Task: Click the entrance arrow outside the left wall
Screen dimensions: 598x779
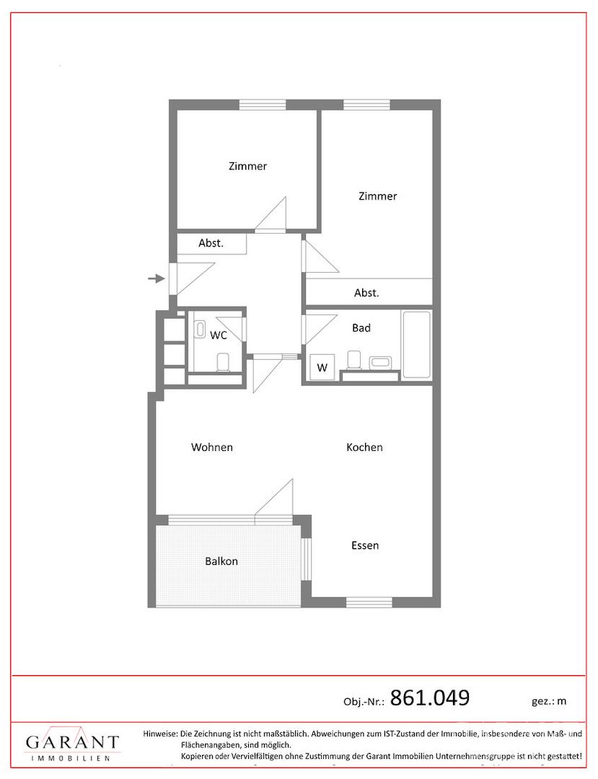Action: (x=157, y=278)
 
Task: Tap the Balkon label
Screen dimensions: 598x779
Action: (x=221, y=561)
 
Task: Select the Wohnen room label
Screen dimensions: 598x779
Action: (x=212, y=447)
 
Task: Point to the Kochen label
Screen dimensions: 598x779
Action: (x=364, y=447)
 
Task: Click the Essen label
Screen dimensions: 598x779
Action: (x=365, y=545)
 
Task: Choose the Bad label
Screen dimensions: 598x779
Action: (x=361, y=328)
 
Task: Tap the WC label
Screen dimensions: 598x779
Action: (x=219, y=335)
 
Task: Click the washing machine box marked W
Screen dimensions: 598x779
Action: (x=322, y=367)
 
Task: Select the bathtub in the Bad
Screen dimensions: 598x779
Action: (x=417, y=344)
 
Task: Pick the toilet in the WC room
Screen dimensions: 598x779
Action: (x=223, y=362)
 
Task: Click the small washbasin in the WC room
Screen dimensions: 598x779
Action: (x=200, y=330)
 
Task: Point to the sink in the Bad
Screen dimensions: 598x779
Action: (x=381, y=361)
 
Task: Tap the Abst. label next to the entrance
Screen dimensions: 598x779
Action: (x=211, y=243)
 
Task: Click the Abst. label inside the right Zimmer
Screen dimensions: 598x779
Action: (x=366, y=293)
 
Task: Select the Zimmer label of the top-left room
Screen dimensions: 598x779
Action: (x=248, y=167)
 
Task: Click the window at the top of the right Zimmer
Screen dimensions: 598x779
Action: (x=366, y=105)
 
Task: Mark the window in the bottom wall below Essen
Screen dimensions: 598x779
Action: (x=369, y=602)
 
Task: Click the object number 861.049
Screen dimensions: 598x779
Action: (x=430, y=697)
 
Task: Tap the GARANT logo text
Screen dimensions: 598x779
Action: (x=73, y=742)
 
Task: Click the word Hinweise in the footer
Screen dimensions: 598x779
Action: (x=160, y=734)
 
